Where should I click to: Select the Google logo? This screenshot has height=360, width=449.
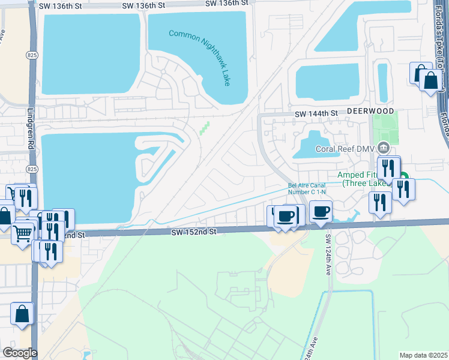20,353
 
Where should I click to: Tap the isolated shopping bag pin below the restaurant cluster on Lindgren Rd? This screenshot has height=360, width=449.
22,314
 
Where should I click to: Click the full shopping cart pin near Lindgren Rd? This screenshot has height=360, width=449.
23,232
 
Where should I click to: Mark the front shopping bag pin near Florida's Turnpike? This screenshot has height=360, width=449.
430,80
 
